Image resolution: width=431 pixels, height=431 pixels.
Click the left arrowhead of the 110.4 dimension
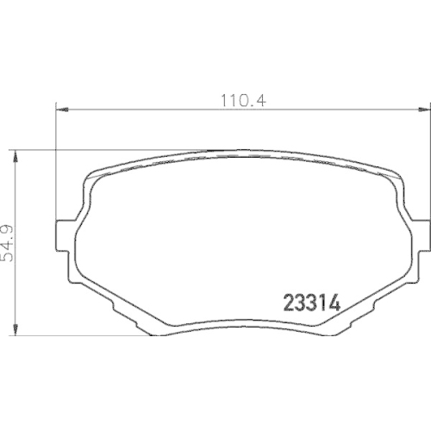60,109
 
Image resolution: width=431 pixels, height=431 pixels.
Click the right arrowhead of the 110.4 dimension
423,109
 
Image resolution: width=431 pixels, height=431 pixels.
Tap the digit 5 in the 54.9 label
13,258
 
